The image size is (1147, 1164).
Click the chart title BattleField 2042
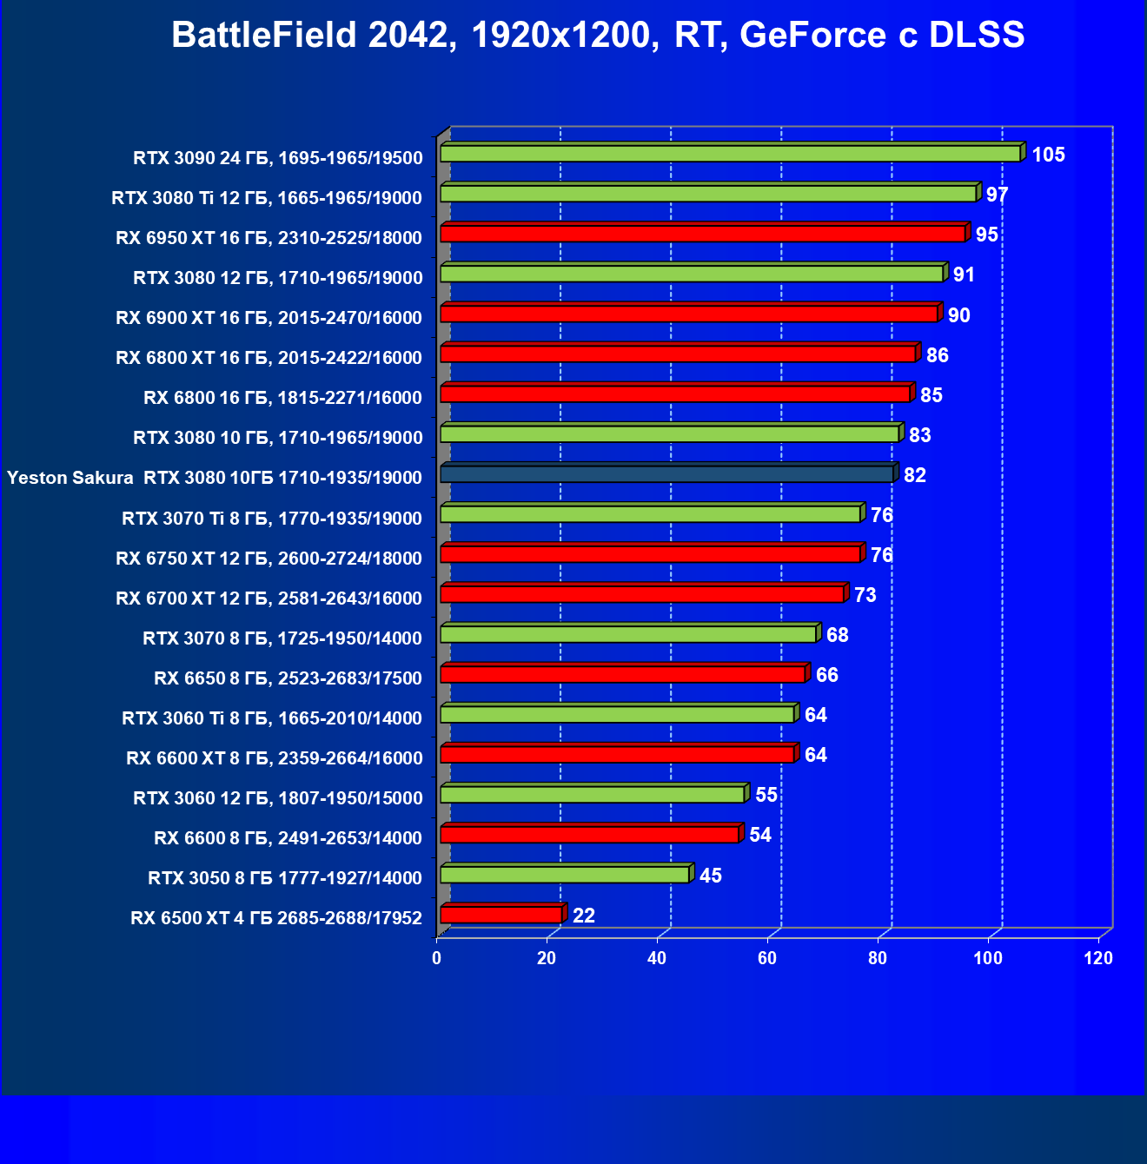click(598, 36)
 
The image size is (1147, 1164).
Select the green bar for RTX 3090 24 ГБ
click(730, 154)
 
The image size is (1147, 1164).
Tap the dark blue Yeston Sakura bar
click(666, 474)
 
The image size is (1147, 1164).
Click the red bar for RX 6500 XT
click(501, 915)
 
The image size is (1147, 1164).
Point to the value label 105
click(1048, 155)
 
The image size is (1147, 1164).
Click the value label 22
click(584, 916)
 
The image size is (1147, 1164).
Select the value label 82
click(914, 475)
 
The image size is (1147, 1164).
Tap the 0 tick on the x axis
click(437, 958)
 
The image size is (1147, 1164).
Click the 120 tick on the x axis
click(1098, 958)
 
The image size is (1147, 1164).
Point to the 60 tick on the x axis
click(767, 958)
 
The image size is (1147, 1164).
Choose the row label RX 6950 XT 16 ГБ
click(269, 238)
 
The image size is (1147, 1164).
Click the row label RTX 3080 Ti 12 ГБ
click(267, 198)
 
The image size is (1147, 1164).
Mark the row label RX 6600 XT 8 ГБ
click(274, 758)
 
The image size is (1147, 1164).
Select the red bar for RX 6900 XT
click(689, 314)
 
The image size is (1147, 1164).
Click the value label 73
click(865, 595)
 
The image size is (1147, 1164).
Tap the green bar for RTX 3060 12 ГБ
click(593, 795)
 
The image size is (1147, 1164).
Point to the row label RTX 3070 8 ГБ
click(282, 638)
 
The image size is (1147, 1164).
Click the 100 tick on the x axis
click(988, 958)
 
